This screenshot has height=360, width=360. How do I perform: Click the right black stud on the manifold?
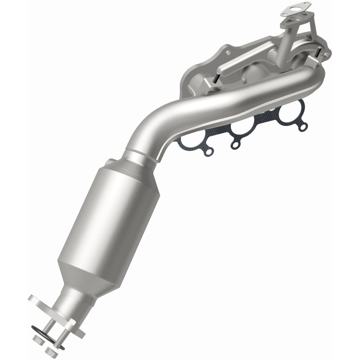pyautogui.click(x=319, y=54)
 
